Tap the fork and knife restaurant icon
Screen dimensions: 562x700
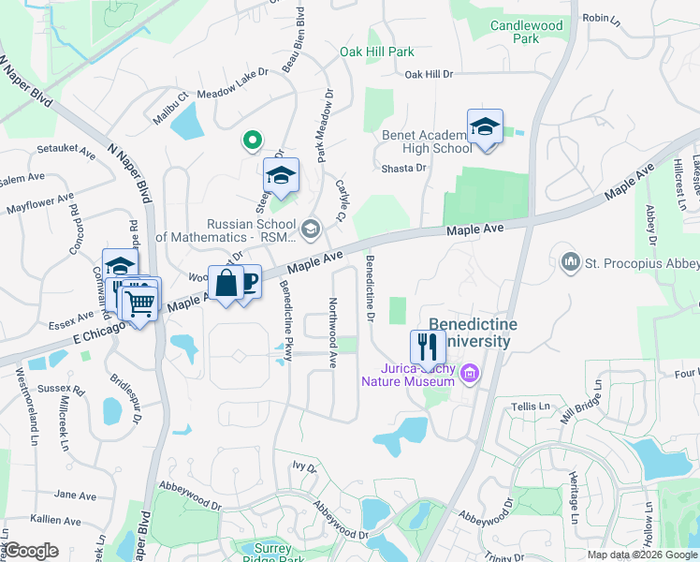pyautogui.click(x=428, y=348)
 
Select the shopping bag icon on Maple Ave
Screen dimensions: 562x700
pyautogui.click(x=226, y=282)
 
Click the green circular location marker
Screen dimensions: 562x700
pyautogui.click(x=251, y=141)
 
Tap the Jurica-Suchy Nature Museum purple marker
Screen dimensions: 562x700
pyautogui.click(x=470, y=375)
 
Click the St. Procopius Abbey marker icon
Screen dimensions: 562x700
pyautogui.click(x=569, y=259)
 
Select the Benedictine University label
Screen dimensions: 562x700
pyautogui.click(x=470, y=333)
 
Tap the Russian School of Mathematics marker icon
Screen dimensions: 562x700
pyautogui.click(x=311, y=227)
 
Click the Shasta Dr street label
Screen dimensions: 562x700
pyautogui.click(x=403, y=168)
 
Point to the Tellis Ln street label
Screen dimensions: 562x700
pyautogui.click(x=531, y=406)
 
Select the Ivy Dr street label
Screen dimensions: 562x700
pyautogui.click(x=304, y=466)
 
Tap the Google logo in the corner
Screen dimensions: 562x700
pyautogui.click(x=30, y=551)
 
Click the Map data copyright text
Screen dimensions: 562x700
pyautogui.click(x=642, y=555)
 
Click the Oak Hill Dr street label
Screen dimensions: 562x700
pyautogui.click(x=429, y=73)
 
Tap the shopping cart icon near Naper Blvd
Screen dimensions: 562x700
pyautogui.click(x=139, y=301)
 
